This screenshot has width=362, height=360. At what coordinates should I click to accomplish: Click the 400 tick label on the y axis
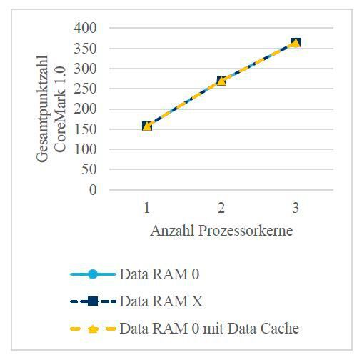(88, 28)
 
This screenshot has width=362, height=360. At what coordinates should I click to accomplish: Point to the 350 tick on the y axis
(88, 49)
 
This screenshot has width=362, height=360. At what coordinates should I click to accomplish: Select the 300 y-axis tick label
(88, 69)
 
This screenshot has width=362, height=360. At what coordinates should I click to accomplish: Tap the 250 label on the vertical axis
(88, 89)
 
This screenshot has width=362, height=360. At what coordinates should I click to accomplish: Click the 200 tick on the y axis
(88, 109)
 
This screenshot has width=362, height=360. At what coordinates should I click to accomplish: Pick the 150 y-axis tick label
(88, 130)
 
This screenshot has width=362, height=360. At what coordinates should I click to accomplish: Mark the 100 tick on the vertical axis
(88, 150)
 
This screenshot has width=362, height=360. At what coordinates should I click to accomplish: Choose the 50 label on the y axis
(91, 171)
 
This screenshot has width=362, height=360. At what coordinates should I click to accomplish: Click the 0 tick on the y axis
(94, 191)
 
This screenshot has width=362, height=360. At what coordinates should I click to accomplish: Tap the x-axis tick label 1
(147, 208)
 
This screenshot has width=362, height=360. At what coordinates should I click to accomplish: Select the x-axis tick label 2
(221, 208)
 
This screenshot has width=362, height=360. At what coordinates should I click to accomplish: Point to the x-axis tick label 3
(296, 208)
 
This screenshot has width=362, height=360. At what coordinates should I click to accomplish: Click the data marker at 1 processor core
(147, 126)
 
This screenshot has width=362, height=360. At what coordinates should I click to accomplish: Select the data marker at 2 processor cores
(221, 81)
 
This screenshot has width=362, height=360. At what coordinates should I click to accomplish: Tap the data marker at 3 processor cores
(296, 43)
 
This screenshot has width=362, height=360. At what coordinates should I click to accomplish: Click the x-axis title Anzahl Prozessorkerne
(221, 231)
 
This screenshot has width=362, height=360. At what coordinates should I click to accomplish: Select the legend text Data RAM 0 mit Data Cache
(208, 329)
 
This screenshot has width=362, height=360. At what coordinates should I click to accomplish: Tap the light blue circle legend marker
(92, 274)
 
